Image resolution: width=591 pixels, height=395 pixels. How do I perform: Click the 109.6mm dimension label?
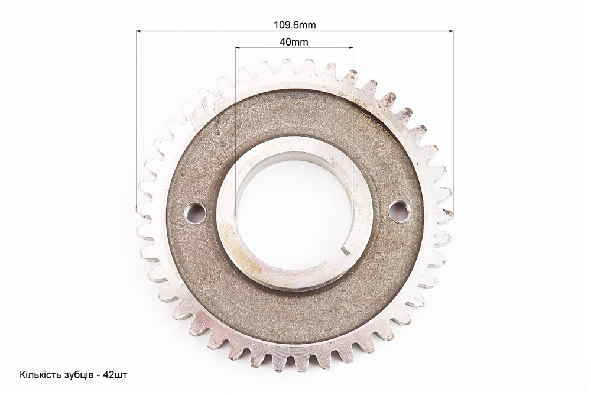(295, 25)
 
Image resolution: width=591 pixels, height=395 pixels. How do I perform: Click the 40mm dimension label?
(294, 42)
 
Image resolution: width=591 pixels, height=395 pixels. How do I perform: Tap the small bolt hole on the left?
(194, 212)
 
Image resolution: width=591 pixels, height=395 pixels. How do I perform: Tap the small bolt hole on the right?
(398, 210)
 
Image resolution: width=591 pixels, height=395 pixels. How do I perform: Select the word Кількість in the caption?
(38, 375)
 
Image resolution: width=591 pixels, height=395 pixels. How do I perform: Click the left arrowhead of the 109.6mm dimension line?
(138, 31)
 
